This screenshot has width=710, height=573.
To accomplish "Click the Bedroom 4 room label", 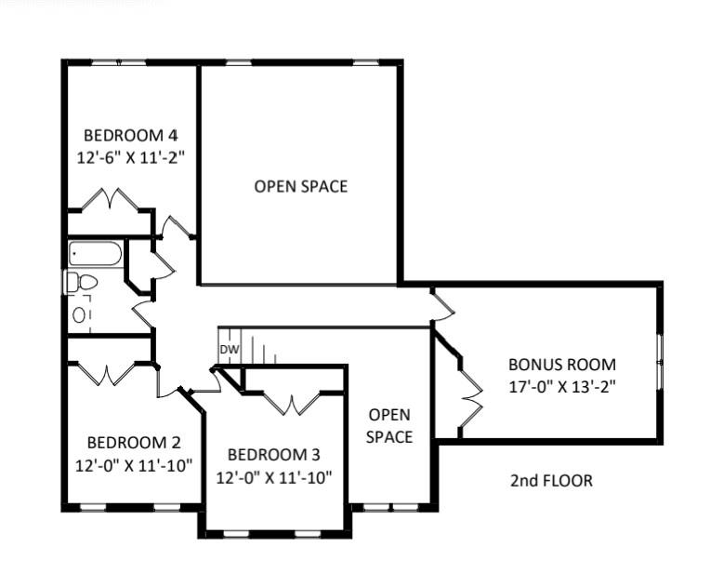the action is (131, 136).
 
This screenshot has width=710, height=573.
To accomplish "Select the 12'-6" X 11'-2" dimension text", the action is (131, 158).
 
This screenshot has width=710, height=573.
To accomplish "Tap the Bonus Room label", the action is (562, 365).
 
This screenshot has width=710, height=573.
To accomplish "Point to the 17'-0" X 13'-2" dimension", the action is (562, 387).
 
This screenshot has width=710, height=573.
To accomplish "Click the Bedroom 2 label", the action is (134, 443).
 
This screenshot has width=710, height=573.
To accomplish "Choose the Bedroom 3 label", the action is (274, 455).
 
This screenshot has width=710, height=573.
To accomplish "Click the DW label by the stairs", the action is (230, 350).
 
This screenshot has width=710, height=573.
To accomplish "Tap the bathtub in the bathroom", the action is (96, 253).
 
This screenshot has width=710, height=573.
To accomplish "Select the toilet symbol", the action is (82, 282).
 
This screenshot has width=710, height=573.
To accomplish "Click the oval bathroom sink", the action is (79, 314).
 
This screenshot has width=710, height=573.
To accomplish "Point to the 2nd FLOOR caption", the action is (551, 481).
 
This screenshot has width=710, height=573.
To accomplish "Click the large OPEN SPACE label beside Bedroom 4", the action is (301, 186).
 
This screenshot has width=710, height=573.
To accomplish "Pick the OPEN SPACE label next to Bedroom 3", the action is (389, 426).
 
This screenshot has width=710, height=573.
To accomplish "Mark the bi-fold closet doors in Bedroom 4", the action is (110, 199).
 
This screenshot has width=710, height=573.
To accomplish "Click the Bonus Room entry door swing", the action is (443, 304).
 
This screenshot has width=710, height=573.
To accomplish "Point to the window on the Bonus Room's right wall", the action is (660, 362).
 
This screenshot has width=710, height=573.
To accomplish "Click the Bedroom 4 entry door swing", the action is (176, 227).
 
